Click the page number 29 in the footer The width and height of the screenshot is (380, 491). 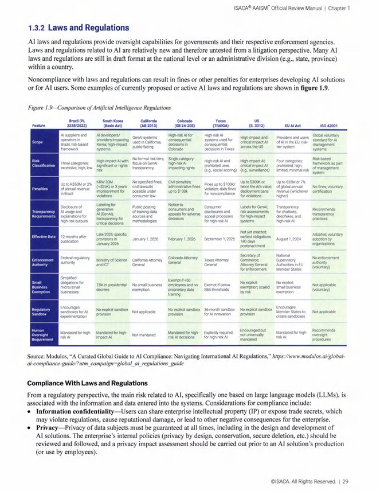tap(345, 481)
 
